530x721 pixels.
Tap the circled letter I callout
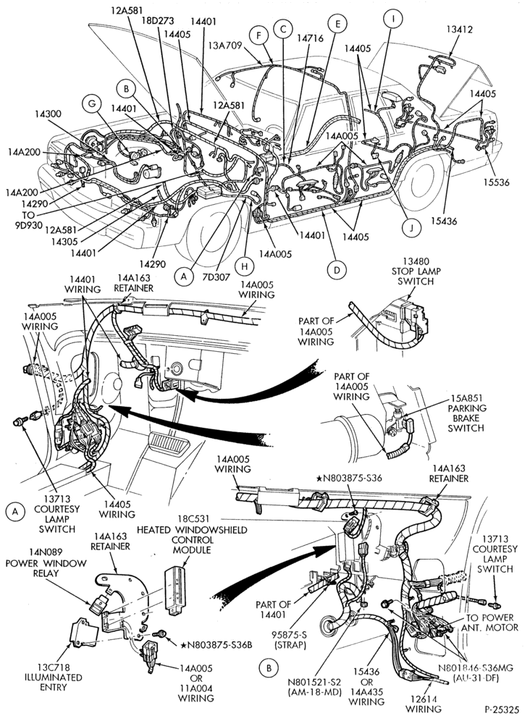393,19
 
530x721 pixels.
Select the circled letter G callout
92,104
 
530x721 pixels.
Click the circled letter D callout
337,269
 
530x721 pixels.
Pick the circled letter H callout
244,266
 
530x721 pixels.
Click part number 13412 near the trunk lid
459,30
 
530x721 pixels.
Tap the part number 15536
496,182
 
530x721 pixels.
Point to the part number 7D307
215,277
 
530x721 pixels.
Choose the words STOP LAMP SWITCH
416,275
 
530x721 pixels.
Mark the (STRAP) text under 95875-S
290,645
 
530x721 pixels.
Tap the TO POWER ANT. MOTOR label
492,622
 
